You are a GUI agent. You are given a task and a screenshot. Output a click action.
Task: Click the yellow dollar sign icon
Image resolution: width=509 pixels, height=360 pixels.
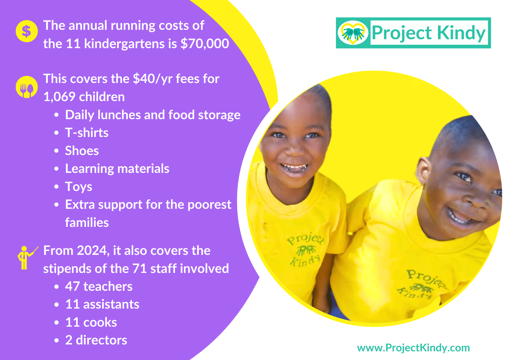[27, 31]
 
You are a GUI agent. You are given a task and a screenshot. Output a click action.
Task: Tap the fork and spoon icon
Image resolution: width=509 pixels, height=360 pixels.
[27, 87]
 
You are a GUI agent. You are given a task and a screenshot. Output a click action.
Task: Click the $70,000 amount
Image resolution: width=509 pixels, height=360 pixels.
[205, 44]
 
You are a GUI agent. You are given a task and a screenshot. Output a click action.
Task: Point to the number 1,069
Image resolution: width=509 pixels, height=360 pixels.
[59, 97]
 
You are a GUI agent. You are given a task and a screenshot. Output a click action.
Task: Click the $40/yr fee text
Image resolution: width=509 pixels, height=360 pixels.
[153, 79]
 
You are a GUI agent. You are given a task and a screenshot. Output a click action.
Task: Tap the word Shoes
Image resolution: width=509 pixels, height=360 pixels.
[82, 151]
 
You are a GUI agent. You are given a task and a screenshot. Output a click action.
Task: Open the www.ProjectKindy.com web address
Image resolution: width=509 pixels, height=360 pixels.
[414, 348]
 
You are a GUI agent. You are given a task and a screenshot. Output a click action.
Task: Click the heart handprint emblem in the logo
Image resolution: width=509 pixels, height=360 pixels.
[353, 33]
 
